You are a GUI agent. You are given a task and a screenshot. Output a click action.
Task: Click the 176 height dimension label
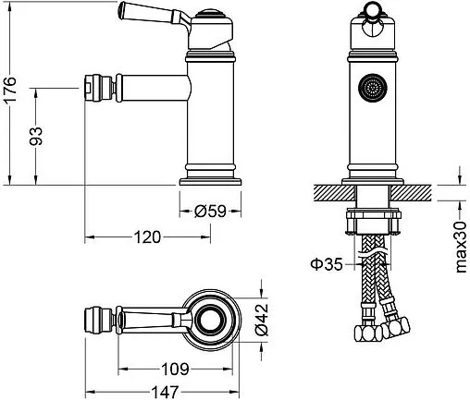coord(10,90)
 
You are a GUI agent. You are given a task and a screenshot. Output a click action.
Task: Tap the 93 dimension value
coord(36,136)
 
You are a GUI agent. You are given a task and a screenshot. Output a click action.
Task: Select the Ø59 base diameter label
coord(210,212)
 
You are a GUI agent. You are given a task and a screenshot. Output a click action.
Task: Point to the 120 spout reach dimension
coord(147,237)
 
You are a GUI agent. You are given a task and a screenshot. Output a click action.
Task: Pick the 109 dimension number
coord(175,369)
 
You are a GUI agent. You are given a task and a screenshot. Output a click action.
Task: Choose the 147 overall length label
coord(165,392)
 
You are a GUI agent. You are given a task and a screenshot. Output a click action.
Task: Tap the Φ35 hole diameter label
coord(327,264)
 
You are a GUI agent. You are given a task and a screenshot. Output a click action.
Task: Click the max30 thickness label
coord(461,247)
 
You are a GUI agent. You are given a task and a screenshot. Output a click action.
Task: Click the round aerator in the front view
coord(373,88)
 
